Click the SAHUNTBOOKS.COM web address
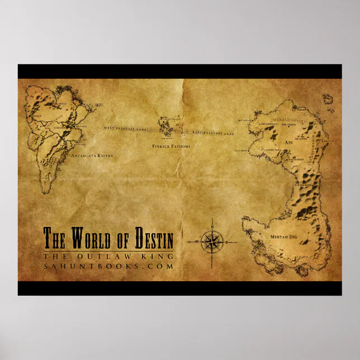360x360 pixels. [x=109, y=267]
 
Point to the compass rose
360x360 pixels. [x=211, y=242]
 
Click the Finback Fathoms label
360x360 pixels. [x=172, y=146]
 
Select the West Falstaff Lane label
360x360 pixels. [x=125, y=129]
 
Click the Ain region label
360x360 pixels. [x=289, y=143]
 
